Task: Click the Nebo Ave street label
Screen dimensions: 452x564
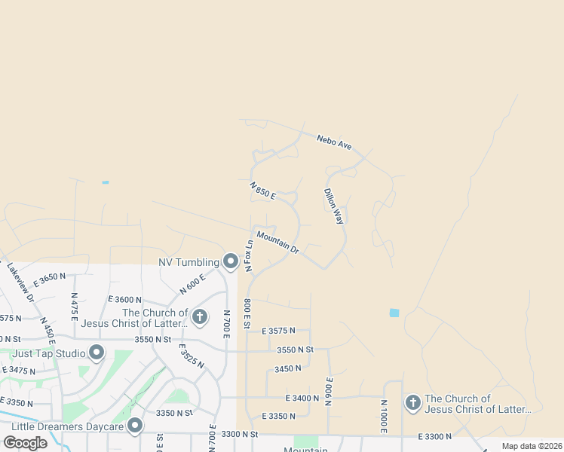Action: click(334, 142)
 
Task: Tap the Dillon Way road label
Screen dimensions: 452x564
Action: click(333, 206)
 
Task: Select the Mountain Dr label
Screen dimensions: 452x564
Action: click(277, 242)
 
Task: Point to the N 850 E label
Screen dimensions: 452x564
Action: click(263, 190)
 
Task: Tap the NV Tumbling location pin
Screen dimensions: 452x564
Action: click(231, 261)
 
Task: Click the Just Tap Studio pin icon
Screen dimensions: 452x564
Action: click(97, 352)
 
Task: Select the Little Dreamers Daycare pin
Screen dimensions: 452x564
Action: click(135, 426)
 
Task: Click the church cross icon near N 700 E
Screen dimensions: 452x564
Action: click(200, 316)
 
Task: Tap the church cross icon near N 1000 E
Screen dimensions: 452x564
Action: click(412, 402)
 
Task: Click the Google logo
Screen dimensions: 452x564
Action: click(25, 442)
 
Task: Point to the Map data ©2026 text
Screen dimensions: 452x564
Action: click(531, 446)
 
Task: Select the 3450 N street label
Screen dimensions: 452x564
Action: click(288, 368)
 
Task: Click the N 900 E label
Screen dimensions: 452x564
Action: click(330, 392)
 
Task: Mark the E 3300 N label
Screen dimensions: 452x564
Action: click(435, 436)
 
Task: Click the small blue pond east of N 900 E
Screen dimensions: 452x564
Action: click(394, 313)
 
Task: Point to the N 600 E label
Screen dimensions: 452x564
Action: click(192, 284)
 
